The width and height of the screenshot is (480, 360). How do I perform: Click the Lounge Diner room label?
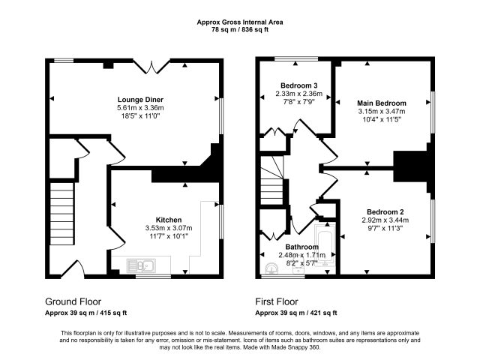point(140,100)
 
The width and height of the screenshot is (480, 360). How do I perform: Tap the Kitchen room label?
point(169,220)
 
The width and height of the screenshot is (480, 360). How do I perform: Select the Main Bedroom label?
point(382,103)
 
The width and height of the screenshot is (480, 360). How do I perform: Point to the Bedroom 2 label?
point(385,211)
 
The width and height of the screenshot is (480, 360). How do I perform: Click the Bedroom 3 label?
point(298,85)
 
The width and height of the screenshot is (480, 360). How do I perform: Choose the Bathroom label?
point(301,247)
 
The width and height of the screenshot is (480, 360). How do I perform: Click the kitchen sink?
point(141,265)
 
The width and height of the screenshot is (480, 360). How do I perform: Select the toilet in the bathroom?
point(271,268)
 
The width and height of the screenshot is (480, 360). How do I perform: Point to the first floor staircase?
point(271,181)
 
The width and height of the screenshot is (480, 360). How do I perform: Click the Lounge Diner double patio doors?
point(151,67)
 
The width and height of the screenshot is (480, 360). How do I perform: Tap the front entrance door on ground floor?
point(73,268)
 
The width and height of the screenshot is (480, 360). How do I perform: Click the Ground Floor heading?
point(73,301)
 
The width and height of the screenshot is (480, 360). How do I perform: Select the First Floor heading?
point(277,301)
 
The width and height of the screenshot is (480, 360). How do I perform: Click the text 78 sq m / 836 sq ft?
point(240,30)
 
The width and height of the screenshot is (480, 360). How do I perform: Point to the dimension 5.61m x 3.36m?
point(140,108)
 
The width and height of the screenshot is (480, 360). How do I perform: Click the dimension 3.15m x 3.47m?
point(382,112)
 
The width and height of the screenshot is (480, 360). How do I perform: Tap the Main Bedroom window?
point(433,112)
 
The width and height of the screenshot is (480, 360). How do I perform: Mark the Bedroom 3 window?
point(296,58)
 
